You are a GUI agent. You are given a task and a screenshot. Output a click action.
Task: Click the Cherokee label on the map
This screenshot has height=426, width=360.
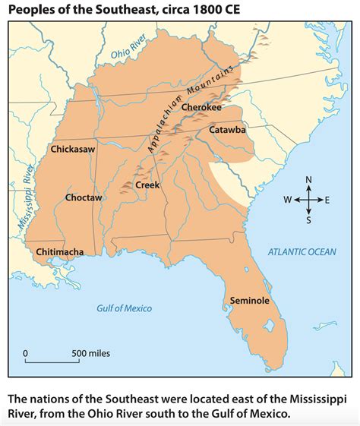pos(201,108)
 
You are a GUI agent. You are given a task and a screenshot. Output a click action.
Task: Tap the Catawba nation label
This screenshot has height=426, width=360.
pos(227,130)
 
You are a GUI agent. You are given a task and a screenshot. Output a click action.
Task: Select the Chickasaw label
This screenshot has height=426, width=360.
pos(72,150)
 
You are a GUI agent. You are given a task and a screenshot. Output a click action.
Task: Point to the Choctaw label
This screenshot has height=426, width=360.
pos(84,197)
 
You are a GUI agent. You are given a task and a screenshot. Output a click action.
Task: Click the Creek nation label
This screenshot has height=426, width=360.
pos(147,185)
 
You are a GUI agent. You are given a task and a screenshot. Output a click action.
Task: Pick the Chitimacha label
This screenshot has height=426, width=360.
pos(59,251)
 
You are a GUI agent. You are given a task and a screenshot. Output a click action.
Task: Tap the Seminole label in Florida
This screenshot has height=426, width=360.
pos(250,301)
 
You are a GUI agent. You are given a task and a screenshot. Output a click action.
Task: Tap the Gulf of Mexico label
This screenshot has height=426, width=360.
pos(124,308)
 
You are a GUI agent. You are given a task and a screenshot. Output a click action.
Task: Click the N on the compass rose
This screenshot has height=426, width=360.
pos(308,180)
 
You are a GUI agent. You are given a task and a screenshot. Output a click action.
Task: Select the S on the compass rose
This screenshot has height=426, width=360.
pos(308,220)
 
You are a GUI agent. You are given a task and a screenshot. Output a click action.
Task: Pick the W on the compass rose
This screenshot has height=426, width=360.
pos(287,200)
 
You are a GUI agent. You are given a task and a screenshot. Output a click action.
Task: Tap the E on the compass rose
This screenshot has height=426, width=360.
pos(327,200)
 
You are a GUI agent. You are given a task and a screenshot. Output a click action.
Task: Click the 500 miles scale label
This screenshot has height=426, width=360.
pos(91,354)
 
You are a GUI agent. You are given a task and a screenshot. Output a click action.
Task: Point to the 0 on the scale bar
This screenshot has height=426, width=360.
pos(25,354)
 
